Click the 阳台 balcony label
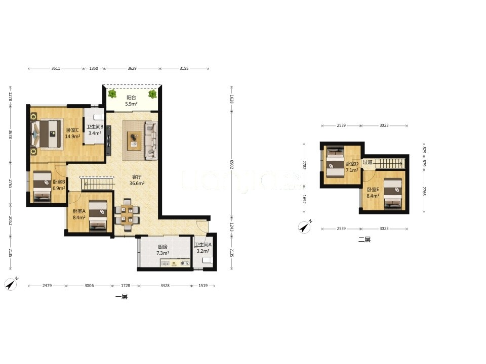click(x=132, y=98)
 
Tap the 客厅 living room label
click(x=137, y=177)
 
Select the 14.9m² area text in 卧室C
click(x=72, y=136)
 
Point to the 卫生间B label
click(x=95, y=126)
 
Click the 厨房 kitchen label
click(x=163, y=247)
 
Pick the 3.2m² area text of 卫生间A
click(x=202, y=251)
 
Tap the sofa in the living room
click(x=151, y=141)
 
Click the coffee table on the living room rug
click(x=134, y=141)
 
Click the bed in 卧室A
click(x=98, y=216)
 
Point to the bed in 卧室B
click(x=42, y=187)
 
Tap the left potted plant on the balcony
click(x=112, y=94)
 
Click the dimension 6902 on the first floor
click(x=231, y=164)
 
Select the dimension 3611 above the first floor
click(x=56, y=68)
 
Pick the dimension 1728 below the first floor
click(x=126, y=285)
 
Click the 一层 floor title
click(x=121, y=297)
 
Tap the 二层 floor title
click(x=364, y=239)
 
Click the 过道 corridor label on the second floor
click(x=368, y=162)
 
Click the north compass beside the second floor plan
click(x=305, y=227)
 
